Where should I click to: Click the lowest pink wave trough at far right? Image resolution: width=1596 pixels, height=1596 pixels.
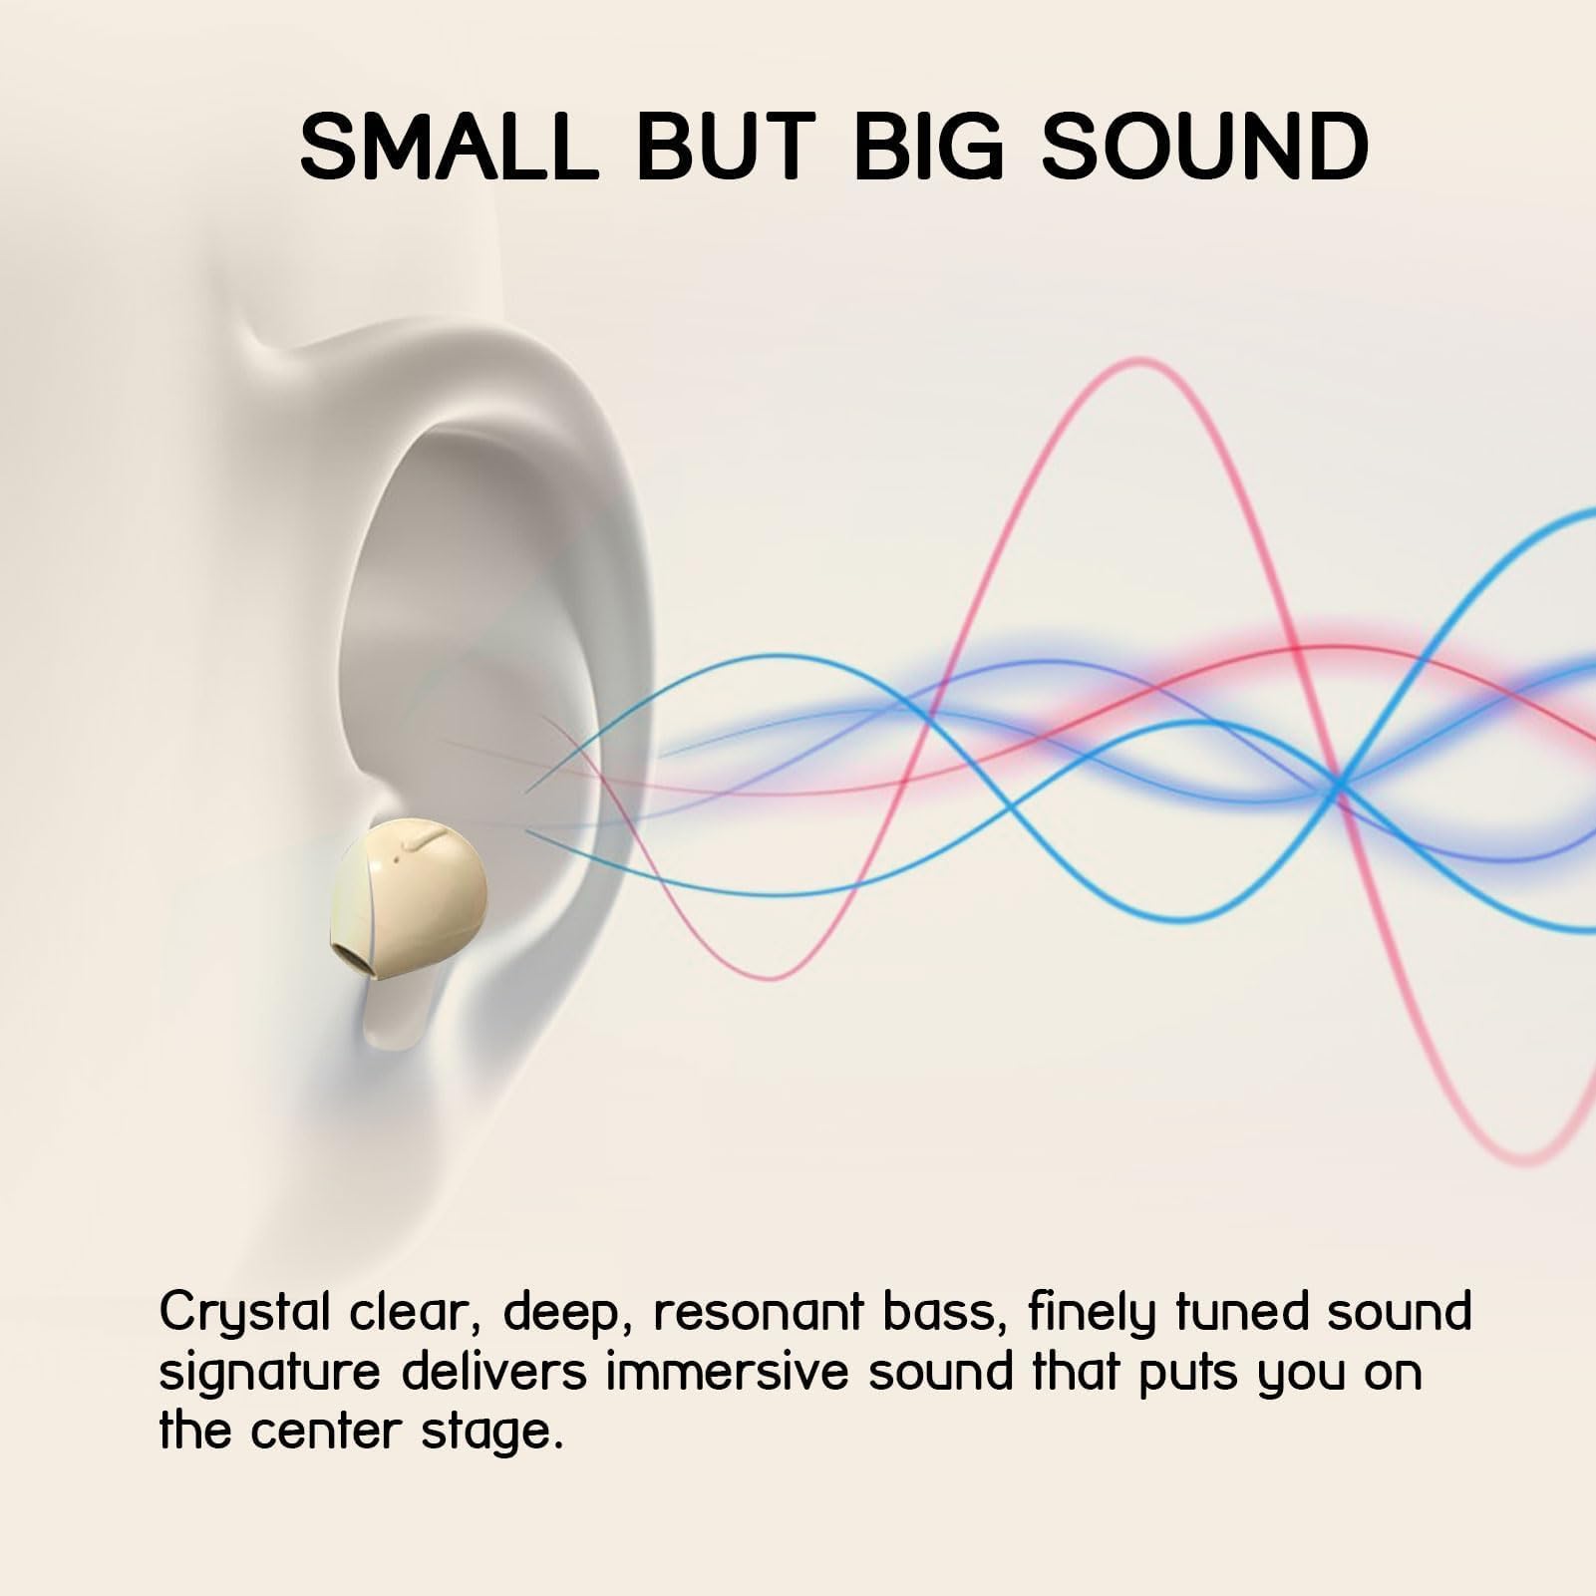(1526, 1158)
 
